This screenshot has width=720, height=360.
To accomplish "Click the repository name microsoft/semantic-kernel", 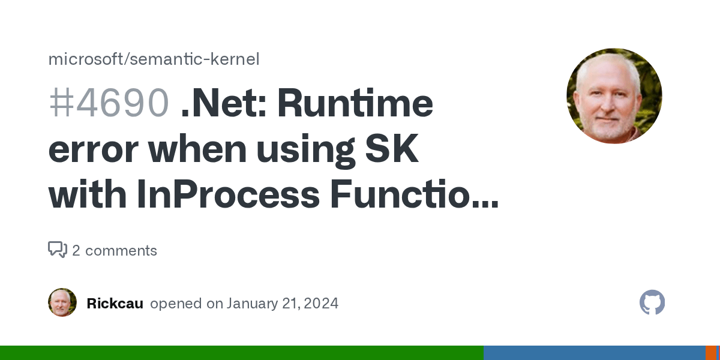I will click(x=154, y=59).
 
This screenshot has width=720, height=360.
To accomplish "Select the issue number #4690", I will click(x=108, y=103).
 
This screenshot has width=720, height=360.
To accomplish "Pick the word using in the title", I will click(x=303, y=149).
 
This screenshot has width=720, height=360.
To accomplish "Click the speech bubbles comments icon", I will click(x=58, y=250).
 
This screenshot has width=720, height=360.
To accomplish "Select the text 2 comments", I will click(x=115, y=250).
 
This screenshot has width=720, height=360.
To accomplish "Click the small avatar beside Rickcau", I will click(x=62, y=302).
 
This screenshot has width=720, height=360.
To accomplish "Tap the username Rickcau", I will click(x=115, y=304).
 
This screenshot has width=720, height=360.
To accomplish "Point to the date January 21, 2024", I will click(x=283, y=304).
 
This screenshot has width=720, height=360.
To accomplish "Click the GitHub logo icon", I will click(x=652, y=302).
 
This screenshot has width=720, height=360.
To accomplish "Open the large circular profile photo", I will click(x=614, y=96).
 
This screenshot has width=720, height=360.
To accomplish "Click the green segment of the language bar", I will click(x=240, y=353).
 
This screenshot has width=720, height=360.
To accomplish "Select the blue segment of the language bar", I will click(x=594, y=353).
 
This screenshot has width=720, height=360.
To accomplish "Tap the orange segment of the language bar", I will click(x=710, y=353).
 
